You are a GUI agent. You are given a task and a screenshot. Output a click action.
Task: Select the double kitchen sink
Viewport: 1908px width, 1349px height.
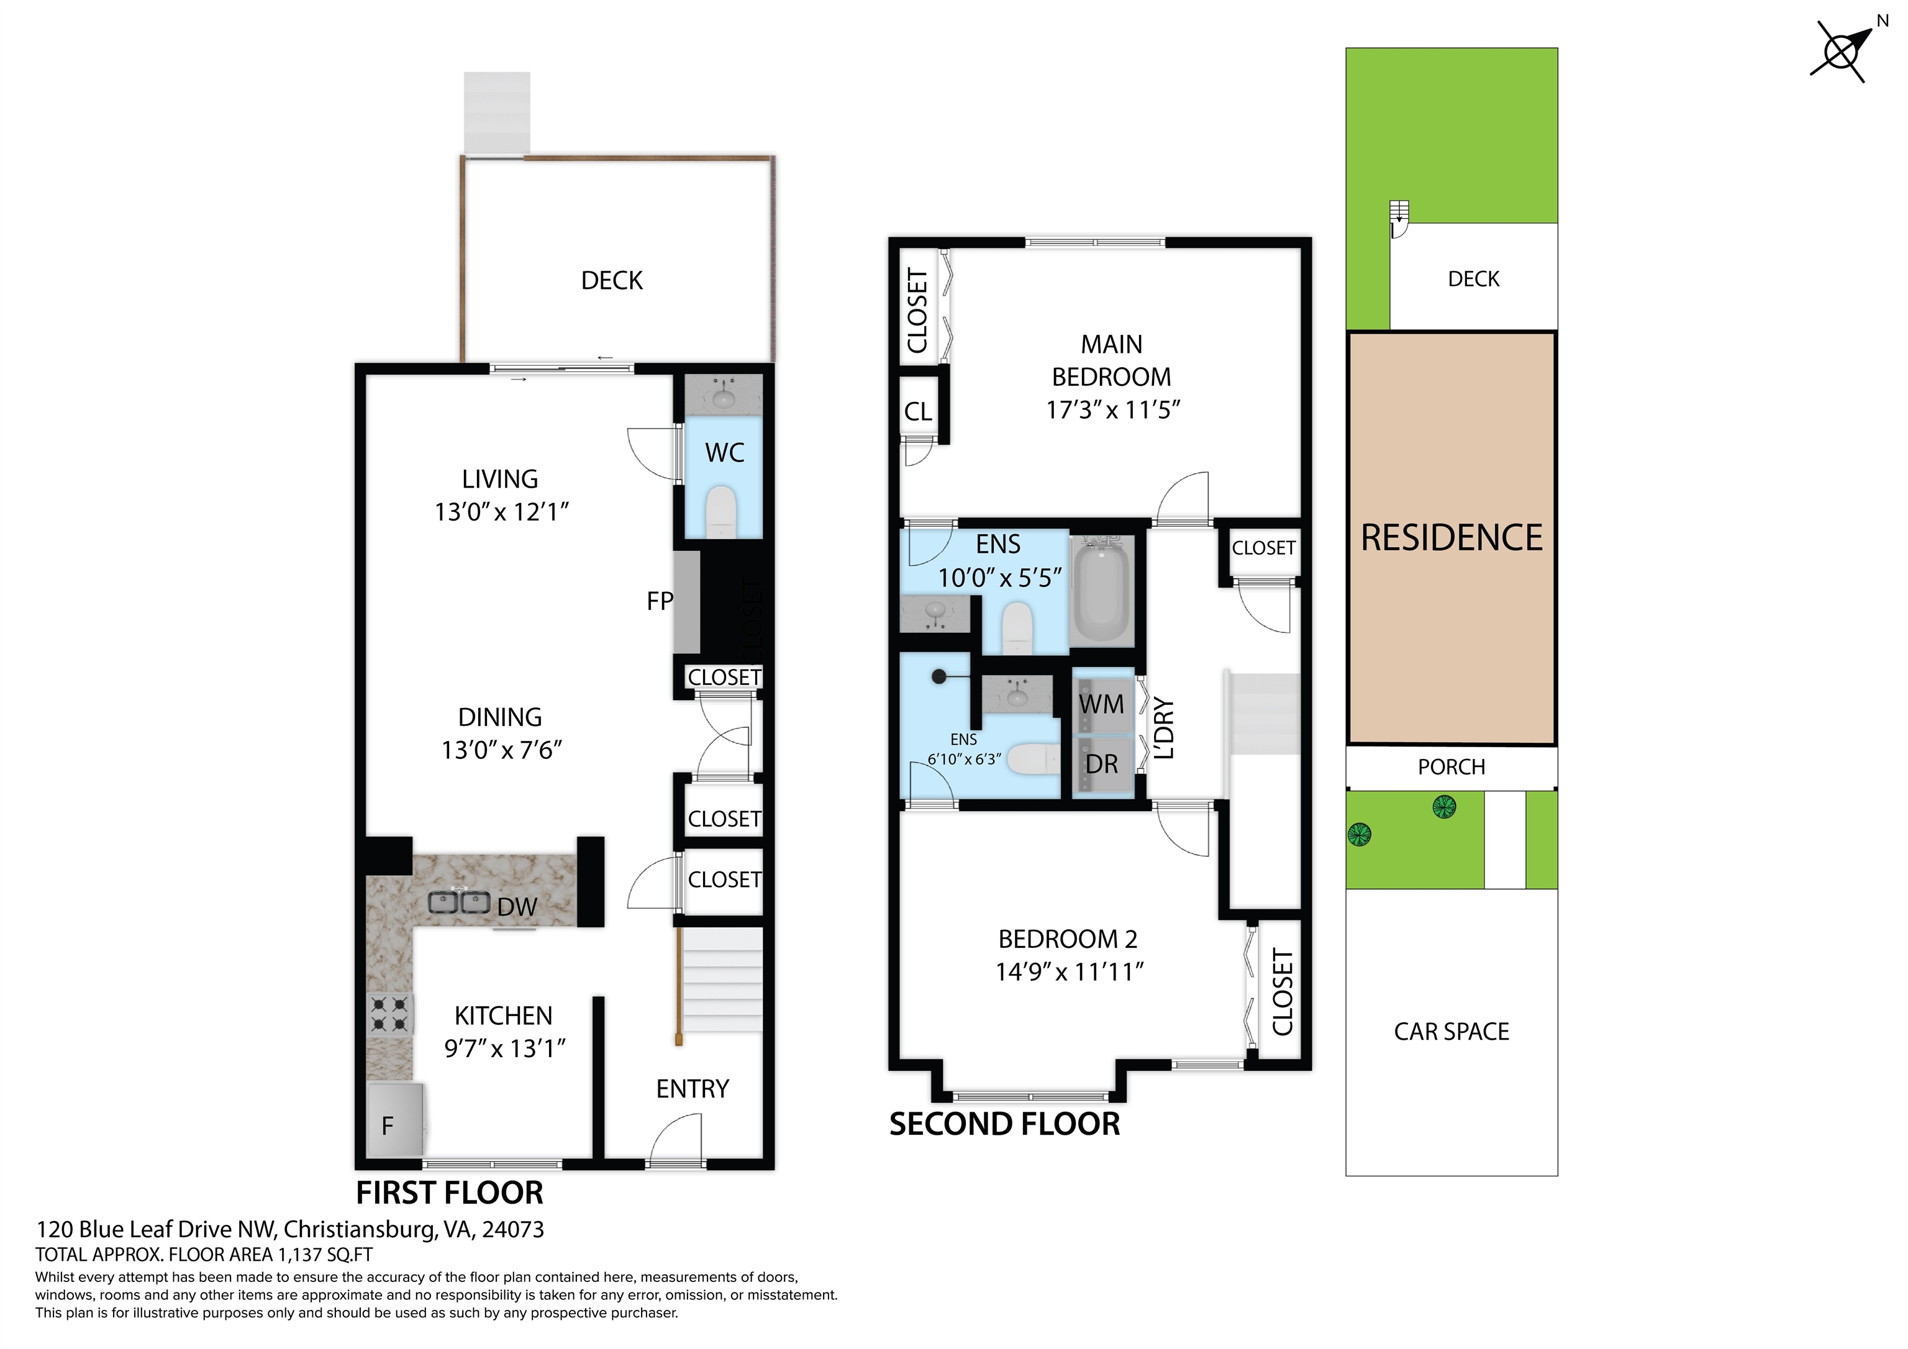459,902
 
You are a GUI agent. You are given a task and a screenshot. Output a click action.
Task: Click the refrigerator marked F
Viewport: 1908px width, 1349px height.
396,1120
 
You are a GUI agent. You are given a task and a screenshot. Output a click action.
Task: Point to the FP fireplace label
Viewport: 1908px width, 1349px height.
660,601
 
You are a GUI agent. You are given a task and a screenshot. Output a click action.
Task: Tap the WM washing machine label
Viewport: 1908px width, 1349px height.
1101,704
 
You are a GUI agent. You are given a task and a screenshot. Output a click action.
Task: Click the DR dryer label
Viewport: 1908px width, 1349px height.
1102,764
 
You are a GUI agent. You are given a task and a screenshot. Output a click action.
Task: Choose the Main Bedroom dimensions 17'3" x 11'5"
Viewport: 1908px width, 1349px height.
1113,410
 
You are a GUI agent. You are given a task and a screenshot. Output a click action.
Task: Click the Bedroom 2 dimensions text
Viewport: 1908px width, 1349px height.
1070,971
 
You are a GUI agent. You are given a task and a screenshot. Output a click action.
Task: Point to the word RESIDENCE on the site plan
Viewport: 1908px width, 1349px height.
1451,538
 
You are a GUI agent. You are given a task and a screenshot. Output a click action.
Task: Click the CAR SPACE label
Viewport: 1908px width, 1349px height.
1451,1032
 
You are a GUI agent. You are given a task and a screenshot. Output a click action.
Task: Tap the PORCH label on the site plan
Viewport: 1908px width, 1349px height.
1451,766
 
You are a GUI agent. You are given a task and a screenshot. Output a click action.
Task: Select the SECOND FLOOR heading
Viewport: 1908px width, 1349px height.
1005,1124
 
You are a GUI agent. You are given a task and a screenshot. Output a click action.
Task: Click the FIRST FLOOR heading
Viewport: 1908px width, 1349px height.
450,1192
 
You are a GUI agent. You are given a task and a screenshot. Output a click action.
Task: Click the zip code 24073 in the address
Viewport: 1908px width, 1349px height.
513,1229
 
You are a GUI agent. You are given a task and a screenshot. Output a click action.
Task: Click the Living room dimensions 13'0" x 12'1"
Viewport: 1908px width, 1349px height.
501,512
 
